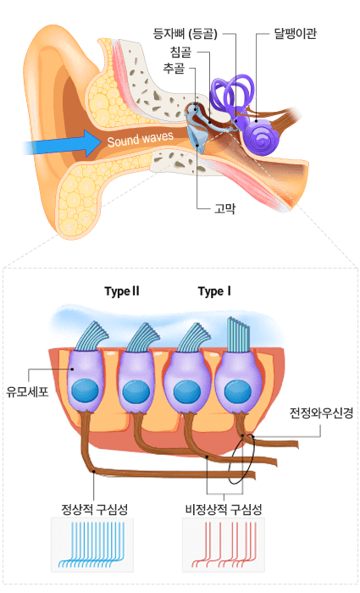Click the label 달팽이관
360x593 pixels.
[x=295, y=34]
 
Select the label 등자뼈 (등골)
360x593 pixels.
[x=186, y=34]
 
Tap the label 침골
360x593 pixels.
[x=180, y=52]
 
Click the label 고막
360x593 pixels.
[x=225, y=208]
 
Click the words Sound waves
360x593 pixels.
[x=141, y=139]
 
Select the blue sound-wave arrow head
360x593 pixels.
[x=91, y=143]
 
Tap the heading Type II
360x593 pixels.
[x=122, y=291]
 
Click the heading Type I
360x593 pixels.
[x=214, y=291]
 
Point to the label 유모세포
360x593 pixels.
[x=27, y=391]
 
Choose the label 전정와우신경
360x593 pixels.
[x=321, y=413]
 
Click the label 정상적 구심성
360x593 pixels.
[x=95, y=509]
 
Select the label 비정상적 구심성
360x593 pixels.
[x=224, y=509]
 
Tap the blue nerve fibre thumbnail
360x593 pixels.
[x=92, y=545]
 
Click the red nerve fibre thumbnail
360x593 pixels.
[x=224, y=545]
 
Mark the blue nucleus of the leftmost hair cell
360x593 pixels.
[x=85, y=391]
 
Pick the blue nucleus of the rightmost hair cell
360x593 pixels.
[x=238, y=391]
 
